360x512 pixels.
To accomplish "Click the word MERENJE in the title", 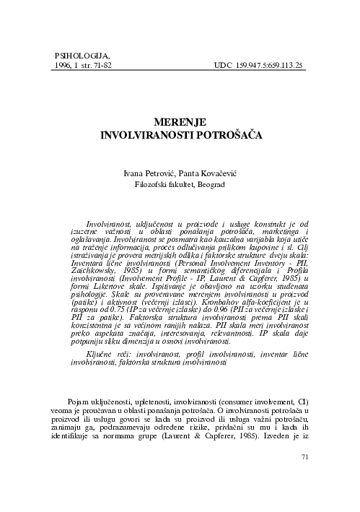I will (180, 123).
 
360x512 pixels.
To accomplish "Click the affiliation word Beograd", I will (210, 186).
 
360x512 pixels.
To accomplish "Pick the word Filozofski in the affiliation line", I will (153, 186).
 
